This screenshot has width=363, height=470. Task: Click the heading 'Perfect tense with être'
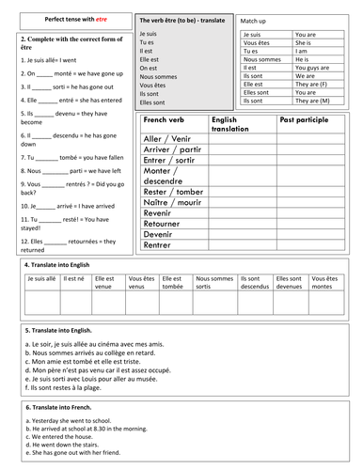coord(65,18)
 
